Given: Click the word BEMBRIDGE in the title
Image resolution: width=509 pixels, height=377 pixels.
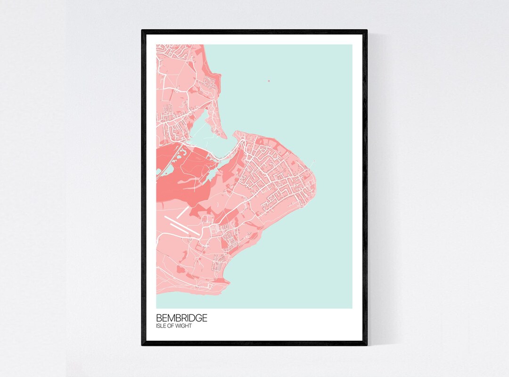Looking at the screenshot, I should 181,319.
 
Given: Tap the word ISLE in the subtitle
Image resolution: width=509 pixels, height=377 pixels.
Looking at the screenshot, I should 162,326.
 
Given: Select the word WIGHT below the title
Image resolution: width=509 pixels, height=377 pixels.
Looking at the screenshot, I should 184,326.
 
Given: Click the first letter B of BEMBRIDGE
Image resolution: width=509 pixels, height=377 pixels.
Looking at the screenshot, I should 159,319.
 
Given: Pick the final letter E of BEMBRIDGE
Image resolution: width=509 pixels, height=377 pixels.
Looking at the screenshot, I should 205,319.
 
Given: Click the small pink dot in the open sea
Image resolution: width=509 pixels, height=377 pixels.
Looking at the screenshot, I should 269,81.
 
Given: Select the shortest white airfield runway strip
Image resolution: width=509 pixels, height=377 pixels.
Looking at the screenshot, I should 182,213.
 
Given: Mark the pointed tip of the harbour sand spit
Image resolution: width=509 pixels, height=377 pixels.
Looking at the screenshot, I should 226,138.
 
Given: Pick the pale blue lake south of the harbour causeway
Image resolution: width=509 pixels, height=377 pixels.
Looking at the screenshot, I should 213,175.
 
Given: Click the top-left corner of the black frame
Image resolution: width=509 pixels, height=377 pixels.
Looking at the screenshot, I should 142,31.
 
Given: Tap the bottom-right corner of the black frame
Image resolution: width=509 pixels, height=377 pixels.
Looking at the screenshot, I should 367,345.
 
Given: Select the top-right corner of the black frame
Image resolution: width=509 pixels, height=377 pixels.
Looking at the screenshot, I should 367,31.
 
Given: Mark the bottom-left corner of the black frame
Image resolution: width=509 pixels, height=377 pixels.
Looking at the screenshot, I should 142,345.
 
